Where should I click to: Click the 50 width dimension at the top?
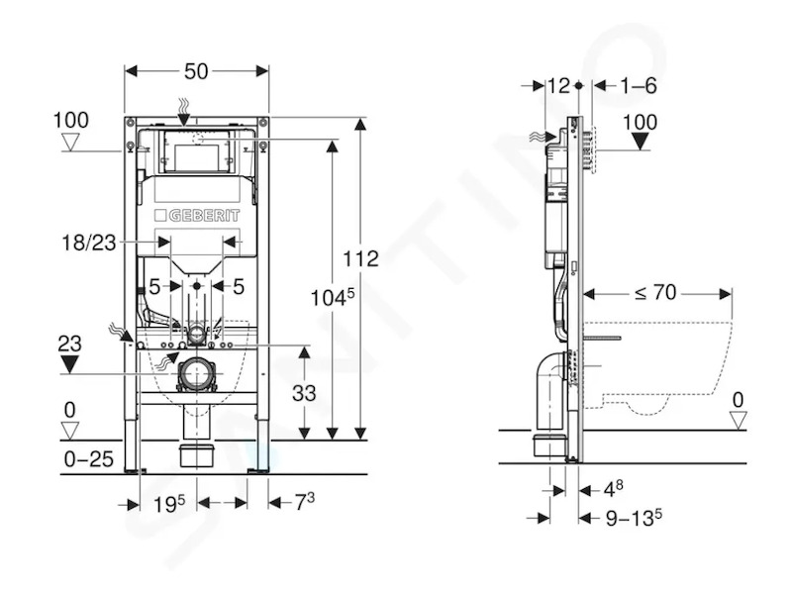196,71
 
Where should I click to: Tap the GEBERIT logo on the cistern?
197,216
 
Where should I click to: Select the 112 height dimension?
360,258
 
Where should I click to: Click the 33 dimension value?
304,393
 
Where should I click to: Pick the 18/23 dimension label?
89,243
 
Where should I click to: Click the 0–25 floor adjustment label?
89,459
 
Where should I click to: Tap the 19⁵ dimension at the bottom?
169,504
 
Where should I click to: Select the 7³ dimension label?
305,502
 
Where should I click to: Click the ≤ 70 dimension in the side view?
655,292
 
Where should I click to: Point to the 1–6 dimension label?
639,86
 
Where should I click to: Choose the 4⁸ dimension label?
614,488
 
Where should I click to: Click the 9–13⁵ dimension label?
634,518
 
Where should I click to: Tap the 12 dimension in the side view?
558,86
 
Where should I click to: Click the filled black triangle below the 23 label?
69,363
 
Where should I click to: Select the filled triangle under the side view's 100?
641,142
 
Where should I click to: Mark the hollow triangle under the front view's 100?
70,143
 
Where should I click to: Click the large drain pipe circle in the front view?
196,374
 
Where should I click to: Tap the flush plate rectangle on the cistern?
196,151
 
